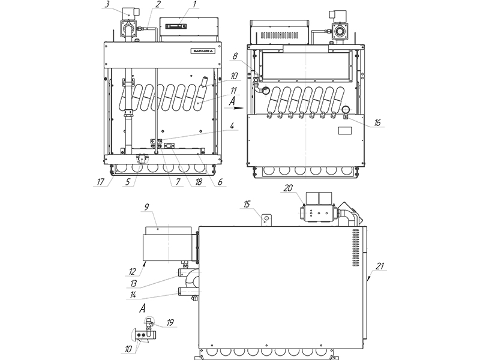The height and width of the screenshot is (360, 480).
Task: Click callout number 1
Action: tap(194, 5)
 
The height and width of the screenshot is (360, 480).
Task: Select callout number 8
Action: tap(235, 55)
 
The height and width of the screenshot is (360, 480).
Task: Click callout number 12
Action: tap(133, 271)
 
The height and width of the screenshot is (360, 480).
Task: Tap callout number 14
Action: tap(132, 295)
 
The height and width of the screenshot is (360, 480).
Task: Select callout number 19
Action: tap(170, 322)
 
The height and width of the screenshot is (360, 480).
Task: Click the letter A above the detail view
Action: tap(143, 308)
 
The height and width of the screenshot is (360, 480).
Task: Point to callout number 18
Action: tap(193, 181)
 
